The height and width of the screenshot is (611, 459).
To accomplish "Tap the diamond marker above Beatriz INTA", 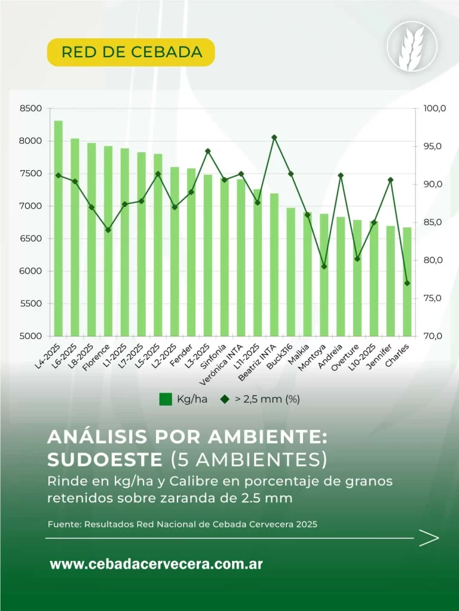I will [x=274, y=137].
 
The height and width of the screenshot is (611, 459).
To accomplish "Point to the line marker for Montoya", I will [x=324, y=266].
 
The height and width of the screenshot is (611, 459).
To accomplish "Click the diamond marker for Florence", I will [x=108, y=230].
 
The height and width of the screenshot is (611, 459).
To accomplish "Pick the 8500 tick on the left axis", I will [x=32, y=109].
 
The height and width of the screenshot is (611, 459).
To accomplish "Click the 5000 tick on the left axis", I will [x=32, y=336].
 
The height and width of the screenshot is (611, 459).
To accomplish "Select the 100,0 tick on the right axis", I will [x=434, y=109].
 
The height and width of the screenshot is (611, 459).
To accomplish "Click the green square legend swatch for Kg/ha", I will [x=166, y=399].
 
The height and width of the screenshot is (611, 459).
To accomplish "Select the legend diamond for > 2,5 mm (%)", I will [x=225, y=399].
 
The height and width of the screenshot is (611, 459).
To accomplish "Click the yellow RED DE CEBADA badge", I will [x=131, y=52].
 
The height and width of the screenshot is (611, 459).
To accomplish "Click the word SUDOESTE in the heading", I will [x=105, y=459].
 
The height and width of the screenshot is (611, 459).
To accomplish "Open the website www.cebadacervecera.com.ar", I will [x=156, y=564].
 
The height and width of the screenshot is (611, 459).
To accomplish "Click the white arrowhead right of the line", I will [x=429, y=538].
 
